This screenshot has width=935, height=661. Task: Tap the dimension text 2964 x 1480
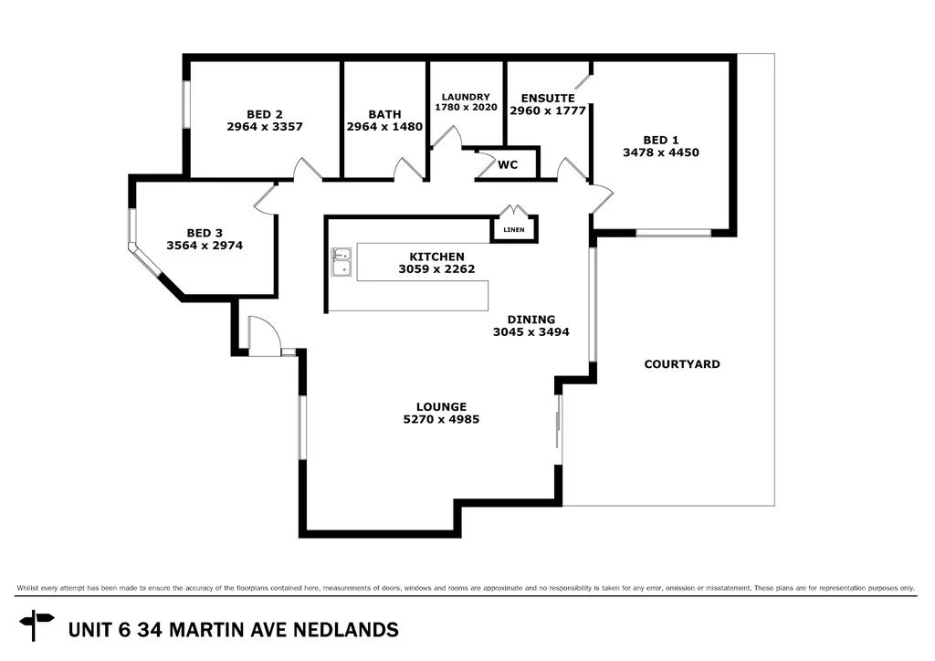[x=384, y=127]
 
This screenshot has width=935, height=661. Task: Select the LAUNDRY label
[x=466, y=97]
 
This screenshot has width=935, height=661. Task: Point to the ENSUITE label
[x=547, y=98]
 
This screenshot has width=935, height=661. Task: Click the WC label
[x=508, y=165]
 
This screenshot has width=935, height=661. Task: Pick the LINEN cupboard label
[x=514, y=229]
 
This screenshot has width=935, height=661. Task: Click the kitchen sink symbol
[x=341, y=261]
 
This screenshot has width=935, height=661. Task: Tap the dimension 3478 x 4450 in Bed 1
[x=660, y=152]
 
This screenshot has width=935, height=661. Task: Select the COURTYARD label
[x=681, y=364]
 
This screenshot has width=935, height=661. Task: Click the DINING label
[x=531, y=320]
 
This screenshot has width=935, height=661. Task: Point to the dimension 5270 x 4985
[x=441, y=420]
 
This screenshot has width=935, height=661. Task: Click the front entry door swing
[x=261, y=334]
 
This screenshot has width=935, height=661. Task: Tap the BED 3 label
[x=205, y=233]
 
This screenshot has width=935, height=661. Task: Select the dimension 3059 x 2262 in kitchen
[x=436, y=269]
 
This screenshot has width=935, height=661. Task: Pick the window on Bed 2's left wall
[x=186, y=106]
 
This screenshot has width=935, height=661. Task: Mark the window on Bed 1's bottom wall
[x=673, y=233]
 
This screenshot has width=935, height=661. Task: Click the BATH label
[x=384, y=114]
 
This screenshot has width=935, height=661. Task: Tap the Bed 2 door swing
[x=306, y=169]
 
